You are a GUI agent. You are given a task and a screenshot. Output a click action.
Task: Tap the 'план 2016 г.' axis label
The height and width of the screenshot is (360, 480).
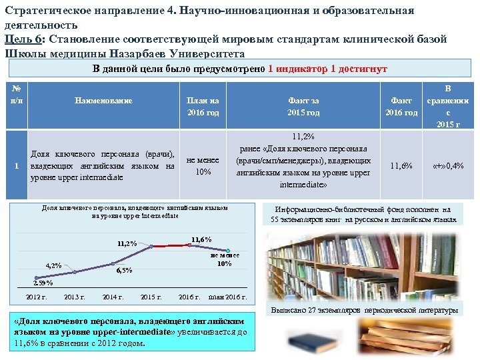(227, 297)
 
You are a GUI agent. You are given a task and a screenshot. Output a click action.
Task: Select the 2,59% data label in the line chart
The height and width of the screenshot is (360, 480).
(43, 283)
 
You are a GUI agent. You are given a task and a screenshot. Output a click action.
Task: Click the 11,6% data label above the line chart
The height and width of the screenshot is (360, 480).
(201, 239)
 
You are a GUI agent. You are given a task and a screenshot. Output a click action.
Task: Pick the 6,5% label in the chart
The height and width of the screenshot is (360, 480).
(124, 271)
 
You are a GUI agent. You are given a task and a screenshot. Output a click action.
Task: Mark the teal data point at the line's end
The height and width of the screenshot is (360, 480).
(229, 251)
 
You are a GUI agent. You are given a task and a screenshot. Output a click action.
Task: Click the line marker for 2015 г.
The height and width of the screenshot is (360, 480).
(152, 247)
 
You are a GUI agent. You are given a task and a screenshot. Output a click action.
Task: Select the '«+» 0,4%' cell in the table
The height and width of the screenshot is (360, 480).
(448, 166)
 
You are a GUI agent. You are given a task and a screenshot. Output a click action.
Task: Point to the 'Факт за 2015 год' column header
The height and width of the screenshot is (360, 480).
(303, 107)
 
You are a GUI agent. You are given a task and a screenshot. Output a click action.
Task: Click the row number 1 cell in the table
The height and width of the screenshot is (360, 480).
(17, 166)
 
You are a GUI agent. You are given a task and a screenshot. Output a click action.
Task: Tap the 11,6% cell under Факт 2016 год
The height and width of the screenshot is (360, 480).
(401, 166)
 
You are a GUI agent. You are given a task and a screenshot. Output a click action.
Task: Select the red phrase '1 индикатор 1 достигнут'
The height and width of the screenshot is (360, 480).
(327, 69)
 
